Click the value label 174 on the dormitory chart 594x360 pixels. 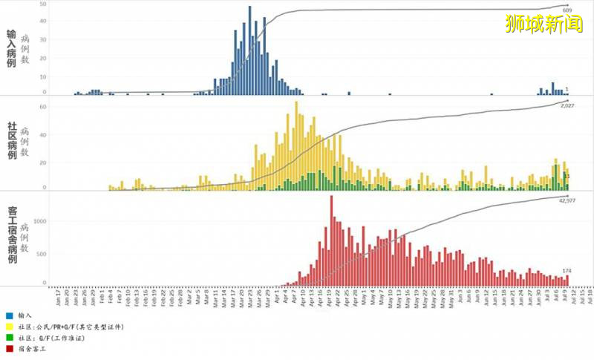pos(567,270)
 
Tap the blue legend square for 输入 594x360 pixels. pos(9,315)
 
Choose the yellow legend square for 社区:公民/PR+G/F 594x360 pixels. pos(9,327)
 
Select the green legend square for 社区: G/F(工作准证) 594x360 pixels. pos(9,337)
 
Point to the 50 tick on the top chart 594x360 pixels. pos(43,5)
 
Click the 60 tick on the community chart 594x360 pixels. pos(43,107)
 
